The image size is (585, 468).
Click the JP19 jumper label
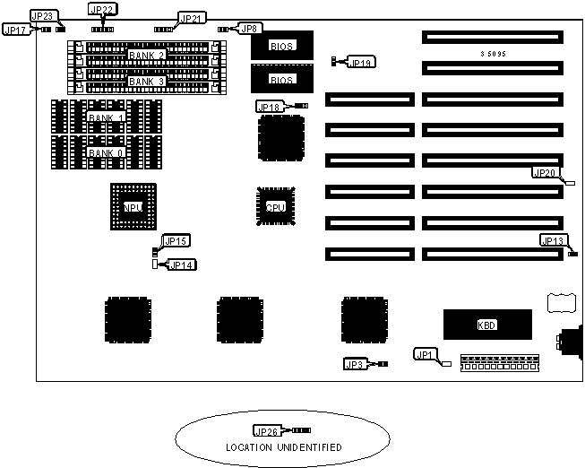point(362,63)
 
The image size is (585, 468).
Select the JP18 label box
point(269,107)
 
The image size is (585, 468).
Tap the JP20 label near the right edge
point(545,173)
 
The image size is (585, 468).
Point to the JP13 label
point(553,240)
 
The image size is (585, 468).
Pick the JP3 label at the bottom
point(355,364)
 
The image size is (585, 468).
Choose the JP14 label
point(181,264)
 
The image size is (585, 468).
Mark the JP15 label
point(176,240)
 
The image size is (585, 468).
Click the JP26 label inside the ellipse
point(268,431)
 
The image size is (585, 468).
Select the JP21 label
point(192,18)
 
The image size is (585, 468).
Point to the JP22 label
point(102,9)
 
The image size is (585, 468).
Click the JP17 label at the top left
point(16,30)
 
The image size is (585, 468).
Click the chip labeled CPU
point(275,206)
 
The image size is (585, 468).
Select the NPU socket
point(133,207)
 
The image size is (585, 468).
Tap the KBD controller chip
point(487,324)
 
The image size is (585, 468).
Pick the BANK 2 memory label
point(147,56)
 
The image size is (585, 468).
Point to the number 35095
point(494,54)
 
